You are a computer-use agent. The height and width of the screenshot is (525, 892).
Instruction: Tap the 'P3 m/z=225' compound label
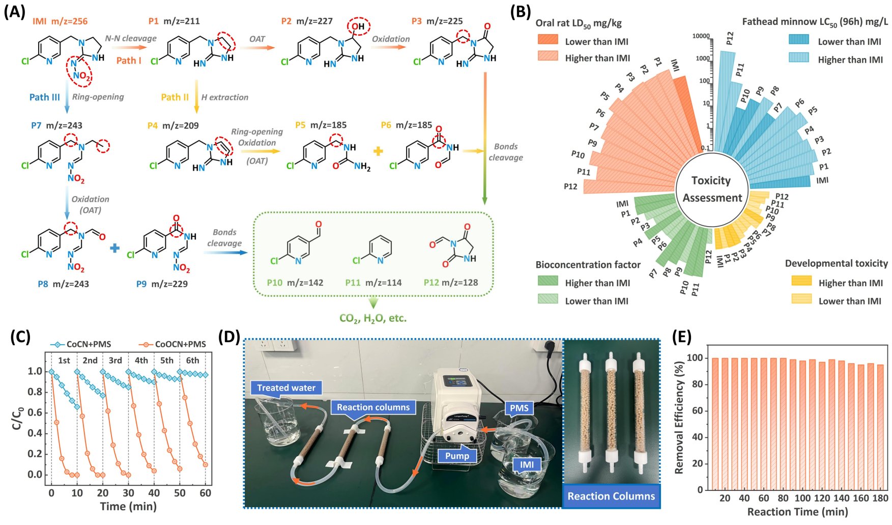pos(437,21)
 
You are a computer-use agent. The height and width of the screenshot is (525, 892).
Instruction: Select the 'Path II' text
pos(175,97)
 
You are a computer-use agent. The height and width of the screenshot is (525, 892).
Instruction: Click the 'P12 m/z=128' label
pos(451,282)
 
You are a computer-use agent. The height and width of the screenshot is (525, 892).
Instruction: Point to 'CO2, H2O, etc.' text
pos(373,318)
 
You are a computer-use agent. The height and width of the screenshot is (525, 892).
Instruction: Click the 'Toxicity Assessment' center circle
pos(711,189)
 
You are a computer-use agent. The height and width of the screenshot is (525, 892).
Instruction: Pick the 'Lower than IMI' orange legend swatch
pos(548,40)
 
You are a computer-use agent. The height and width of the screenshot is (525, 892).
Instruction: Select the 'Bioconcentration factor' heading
pos(588,264)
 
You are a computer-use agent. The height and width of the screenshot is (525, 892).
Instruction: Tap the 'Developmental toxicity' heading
pos(836,263)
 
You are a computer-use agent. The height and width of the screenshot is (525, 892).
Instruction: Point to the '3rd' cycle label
pos(116,360)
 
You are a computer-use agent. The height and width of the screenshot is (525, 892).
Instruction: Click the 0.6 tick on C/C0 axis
pos(35,412)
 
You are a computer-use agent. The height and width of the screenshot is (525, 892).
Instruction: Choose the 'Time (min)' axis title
pos(128,506)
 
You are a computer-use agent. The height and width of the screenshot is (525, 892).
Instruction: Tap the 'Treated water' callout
pos(286,388)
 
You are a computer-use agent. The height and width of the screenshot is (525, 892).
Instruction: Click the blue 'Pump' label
pos(457,456)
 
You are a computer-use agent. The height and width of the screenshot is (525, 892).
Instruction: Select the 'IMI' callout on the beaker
pos(527,464)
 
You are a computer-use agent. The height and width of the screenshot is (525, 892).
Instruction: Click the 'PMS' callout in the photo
pos(519,408)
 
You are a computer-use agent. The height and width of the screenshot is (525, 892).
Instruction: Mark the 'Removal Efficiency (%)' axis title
pos(679,418)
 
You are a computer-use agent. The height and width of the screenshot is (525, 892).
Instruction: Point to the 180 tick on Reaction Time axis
pos(880,498)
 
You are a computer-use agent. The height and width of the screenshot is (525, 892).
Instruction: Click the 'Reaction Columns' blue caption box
pos(611,496)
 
